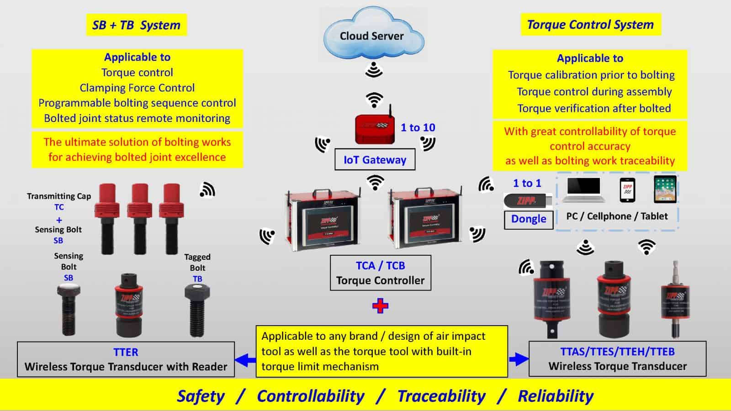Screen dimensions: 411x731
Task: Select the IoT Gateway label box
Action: (375, 160)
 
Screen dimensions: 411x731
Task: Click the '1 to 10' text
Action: (418, 128)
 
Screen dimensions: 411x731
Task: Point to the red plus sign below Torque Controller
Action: (380, 306)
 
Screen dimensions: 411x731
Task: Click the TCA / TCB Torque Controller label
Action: (380, 273)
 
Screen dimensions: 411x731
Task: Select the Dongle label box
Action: (529, 219)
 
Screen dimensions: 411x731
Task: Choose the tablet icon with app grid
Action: (665, 189)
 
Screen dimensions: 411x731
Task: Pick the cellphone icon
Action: (627, 190)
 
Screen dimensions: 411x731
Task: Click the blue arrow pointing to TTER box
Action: (245, 360)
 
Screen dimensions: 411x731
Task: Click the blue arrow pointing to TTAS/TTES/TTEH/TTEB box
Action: (519, 359)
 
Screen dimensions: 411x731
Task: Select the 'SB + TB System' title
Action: (136, 25)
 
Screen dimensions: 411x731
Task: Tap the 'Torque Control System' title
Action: (590, 25)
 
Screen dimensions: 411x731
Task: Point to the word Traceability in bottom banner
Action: (441, 396)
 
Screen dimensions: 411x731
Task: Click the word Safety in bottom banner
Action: (201, 396)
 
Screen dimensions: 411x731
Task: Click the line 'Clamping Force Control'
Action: (137, 88)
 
